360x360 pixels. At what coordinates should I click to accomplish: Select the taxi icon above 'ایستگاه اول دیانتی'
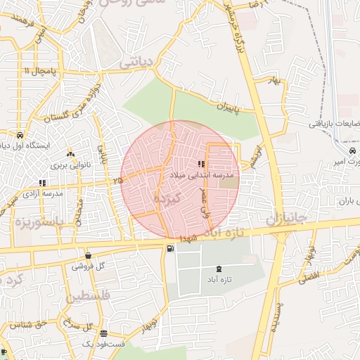click(20, 135)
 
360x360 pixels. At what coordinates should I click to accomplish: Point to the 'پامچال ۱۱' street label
click(38, 72)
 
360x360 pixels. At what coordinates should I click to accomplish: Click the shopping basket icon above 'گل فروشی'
click(88, 256)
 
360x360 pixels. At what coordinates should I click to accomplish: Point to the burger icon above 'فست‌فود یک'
click(103, 333)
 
